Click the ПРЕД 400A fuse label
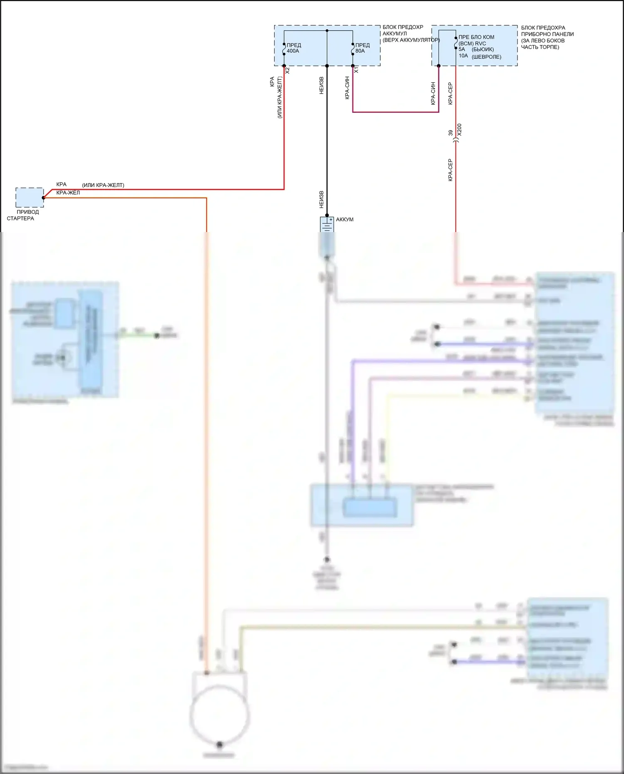(293, 48)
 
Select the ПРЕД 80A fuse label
(362, 48)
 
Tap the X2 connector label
(287, 71)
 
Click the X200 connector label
(459, 129)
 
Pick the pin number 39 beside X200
(451, 133)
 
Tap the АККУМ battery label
(344, 219)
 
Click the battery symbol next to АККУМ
(327, 225)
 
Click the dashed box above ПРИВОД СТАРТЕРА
(30, 197)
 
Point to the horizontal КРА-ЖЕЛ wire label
(68, 193)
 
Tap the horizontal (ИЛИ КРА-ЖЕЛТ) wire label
(103, 185)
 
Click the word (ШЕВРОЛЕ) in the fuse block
(486, 57)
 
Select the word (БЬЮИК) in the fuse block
(483, 49)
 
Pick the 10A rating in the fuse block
(463, 55)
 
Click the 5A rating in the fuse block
(462, 49)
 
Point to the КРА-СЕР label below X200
(450, 170)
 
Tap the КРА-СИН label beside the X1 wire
(347, 87)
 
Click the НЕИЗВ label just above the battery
(321, 200)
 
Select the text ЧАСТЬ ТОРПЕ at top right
(540, 47)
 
